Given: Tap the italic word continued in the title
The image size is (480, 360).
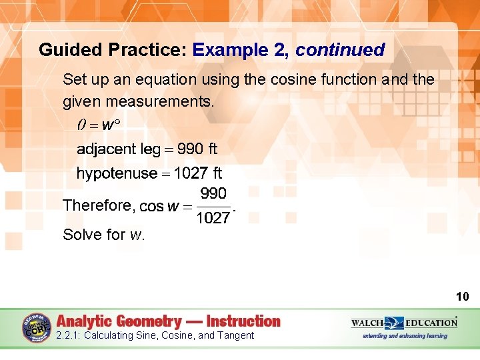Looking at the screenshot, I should tap(340, 50).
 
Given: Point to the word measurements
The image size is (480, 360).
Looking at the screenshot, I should tap(166, 102).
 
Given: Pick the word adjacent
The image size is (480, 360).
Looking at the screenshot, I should tap(103, 149).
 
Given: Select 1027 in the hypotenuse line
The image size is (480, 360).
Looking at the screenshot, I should tap(190, 174).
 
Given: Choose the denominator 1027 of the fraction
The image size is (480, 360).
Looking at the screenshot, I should tap(213, 218).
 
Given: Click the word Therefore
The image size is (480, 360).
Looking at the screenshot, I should tap(98, 206).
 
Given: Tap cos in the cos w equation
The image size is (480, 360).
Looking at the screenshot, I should tap(151, 207).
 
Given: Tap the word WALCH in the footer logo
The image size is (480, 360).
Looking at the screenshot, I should tap(367, 323).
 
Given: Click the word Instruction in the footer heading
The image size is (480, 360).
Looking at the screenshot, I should tap(243, 321).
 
